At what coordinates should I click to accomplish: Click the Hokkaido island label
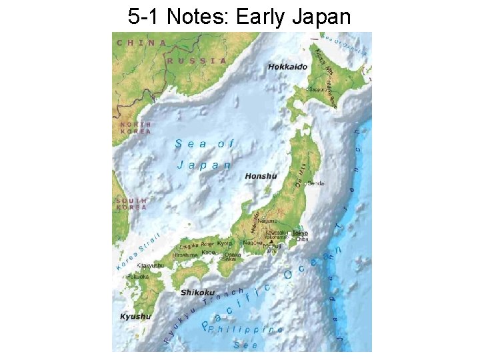[x=287, y=67]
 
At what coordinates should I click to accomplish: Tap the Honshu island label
[x=261, y=176]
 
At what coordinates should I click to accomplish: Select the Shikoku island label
[x=197, y=292]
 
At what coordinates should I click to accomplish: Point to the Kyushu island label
[x=135, y=316]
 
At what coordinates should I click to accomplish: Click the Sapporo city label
[x=318, y=89]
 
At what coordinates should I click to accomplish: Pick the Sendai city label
[x=316, y=183]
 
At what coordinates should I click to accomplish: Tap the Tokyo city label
[x=300, y=233]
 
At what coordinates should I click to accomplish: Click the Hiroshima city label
[x=185, y=255]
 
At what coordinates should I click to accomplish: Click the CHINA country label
[x=142, y=43]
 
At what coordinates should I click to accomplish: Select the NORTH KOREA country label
[x=135, y=128]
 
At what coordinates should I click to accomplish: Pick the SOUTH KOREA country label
[x=131, y=204]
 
